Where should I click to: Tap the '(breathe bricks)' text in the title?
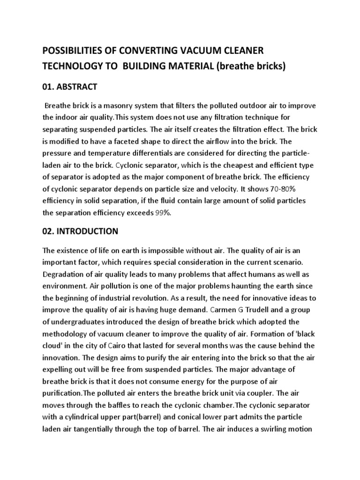(249, 66)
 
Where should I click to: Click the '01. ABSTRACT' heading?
(70, 86)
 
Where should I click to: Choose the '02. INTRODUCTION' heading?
(80, 231)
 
